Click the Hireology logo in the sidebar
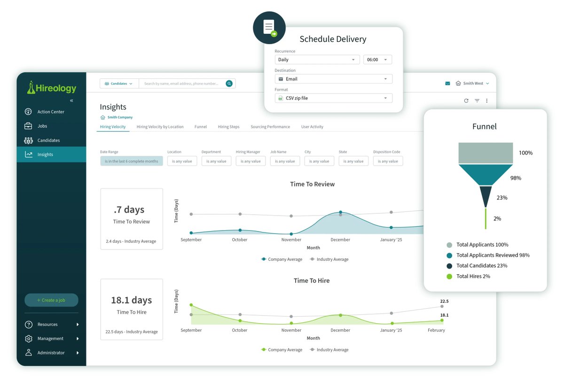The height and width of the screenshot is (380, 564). [52, 87]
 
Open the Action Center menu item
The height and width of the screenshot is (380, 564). [51, 112]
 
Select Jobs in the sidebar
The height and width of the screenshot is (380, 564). [42, 126]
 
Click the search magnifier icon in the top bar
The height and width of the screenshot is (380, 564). [229, 84]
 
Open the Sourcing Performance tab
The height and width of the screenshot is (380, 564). [270, 127]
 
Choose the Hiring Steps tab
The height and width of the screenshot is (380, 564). [228, 127]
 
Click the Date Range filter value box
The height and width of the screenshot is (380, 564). [132, 161]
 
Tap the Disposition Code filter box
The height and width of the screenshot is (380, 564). [388, 161]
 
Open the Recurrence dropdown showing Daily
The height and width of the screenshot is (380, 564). [317, 60]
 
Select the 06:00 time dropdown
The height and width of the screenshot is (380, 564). [377, 60]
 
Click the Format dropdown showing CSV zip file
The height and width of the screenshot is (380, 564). [333, 98]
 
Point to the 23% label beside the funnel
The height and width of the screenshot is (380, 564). [501, 198]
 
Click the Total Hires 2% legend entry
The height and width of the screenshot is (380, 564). [473, 276]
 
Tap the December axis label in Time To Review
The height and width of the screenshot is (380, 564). [340, 240]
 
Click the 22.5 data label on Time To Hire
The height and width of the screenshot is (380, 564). [444, 301]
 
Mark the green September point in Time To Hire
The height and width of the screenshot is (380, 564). [191, 305]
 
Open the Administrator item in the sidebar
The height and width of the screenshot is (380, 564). [51, 353]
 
